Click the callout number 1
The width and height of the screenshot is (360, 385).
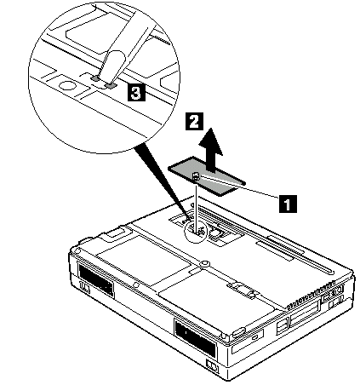pos(288,204)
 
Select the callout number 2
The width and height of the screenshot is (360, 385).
pos(194,121)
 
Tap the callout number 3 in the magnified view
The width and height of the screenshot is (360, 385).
pos(136,92)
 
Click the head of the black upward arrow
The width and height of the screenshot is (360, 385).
pos(210,141)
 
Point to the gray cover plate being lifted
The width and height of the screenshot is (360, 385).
pos(207,176)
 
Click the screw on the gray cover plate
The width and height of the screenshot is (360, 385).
pos(196,176)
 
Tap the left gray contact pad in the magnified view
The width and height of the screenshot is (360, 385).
pos(95,78)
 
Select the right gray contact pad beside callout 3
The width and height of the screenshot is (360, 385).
pos(111,84)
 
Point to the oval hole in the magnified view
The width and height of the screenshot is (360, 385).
pos(66,84)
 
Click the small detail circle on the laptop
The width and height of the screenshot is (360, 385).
pos(195,231)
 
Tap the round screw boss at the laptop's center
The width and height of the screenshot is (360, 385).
pos(203,264)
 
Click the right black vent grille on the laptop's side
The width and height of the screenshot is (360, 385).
pos(196,337)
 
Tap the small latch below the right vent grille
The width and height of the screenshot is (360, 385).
pos(213,366)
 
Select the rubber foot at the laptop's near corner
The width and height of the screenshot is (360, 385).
pos(239,332)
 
